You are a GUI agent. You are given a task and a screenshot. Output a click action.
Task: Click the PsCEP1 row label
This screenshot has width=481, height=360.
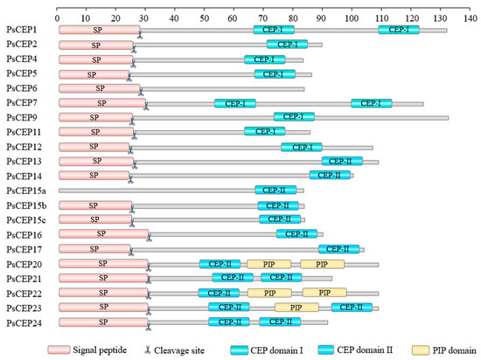20,30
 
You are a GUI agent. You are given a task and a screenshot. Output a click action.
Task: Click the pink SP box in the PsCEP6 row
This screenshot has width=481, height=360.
99,88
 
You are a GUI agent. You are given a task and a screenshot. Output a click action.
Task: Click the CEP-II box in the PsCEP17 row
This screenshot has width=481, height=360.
343,249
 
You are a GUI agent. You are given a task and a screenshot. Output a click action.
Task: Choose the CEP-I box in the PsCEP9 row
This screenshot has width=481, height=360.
294,117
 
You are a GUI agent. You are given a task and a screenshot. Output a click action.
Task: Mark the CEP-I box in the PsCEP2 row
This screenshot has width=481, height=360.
287,44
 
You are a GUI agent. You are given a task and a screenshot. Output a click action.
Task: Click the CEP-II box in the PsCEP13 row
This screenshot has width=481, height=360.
342,161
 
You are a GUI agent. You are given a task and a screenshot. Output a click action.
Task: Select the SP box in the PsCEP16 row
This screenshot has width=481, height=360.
103,234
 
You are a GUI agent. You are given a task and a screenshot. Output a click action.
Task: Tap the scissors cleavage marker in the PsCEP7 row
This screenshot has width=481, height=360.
145,107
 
